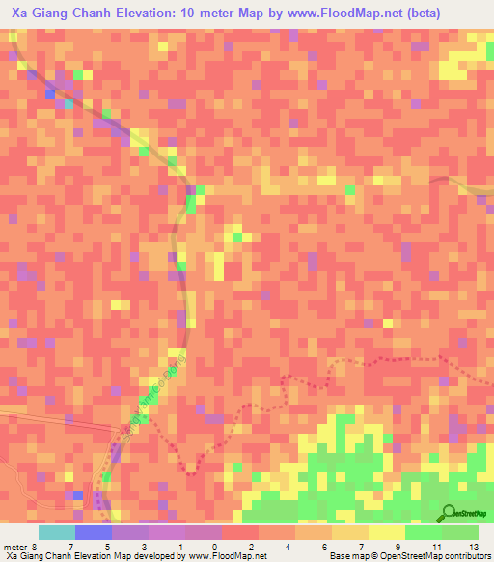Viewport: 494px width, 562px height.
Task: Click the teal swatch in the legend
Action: (57, 532)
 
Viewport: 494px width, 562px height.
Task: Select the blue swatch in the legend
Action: (94, 532)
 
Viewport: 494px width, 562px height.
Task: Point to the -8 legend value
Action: (35, 547)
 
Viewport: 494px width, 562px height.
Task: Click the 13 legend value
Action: (473, 547)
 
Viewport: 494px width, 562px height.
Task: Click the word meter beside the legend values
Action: (15, 547)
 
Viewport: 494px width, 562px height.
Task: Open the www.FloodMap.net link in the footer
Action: (223, 556)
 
